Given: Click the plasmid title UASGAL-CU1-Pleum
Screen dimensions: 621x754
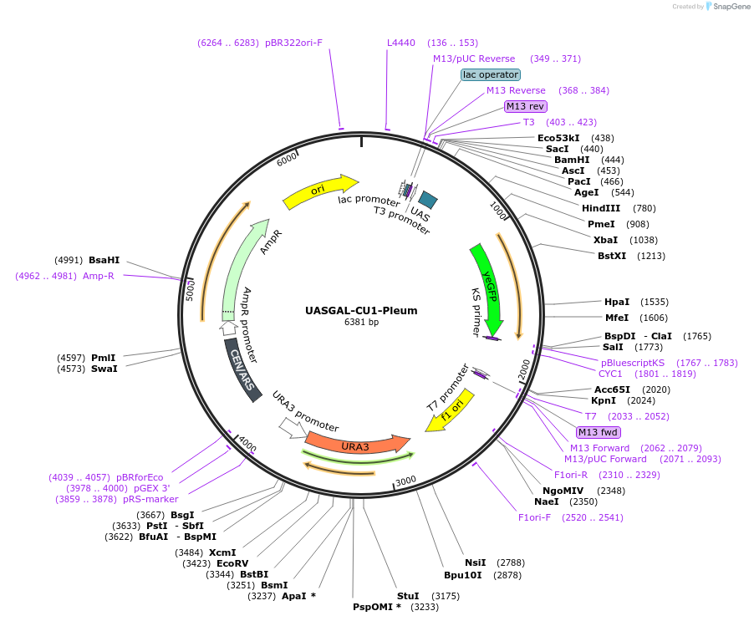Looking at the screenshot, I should tap(361, 310).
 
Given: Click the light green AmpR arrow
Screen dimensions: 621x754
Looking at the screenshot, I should tap(242, 267).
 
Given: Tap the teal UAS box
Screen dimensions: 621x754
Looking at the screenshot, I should tap(428, 199).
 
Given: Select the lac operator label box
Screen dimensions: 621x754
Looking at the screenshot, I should tap(491, 74).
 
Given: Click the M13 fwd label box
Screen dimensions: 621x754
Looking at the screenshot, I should tap(599, 432).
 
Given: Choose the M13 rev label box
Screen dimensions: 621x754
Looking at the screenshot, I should tap(526, 106).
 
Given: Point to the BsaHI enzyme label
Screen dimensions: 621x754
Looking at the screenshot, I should tap(104, 260).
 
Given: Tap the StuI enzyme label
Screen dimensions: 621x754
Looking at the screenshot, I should tap(408, 595).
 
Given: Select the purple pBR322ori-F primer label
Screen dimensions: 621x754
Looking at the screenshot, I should tap(293, 43).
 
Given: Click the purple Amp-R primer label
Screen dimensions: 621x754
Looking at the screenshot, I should tap(98, 276).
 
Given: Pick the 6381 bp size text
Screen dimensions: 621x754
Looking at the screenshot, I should tap(361, 322).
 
